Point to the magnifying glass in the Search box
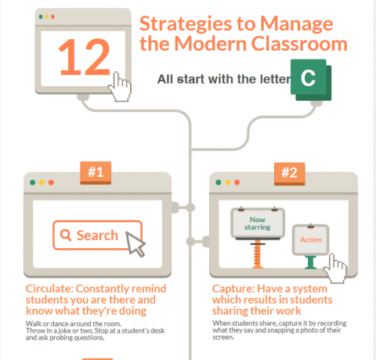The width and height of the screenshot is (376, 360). point(65,235)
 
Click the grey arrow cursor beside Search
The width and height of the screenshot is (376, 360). point(136,244)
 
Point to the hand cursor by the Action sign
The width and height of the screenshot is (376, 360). point(338,270)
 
